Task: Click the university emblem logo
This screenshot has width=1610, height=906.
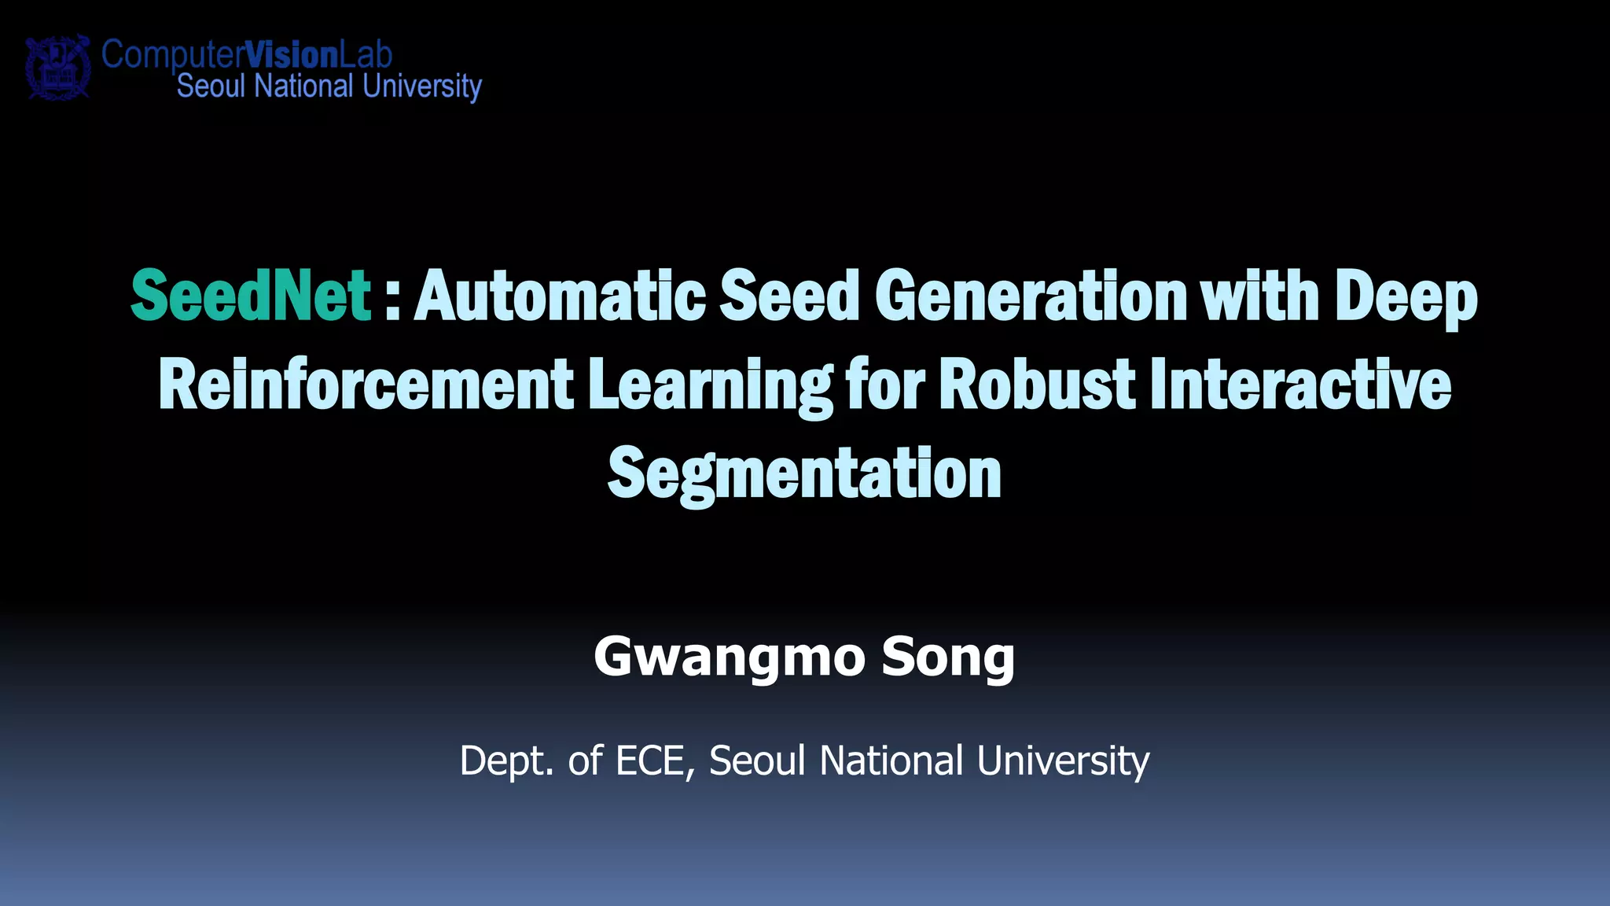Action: (57, 67)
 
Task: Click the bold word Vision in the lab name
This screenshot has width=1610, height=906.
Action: (292, 54)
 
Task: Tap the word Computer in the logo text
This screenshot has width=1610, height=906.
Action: (173, 55)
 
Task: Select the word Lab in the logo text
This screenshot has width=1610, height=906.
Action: (366, 54)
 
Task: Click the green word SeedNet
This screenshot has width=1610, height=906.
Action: (250, 296)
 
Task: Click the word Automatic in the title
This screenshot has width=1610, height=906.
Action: (560, 296)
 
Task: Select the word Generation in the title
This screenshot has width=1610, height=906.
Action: (1030, 296)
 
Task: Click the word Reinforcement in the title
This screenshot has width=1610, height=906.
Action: (366, 385)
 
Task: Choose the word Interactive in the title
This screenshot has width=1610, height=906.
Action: (1300, 385)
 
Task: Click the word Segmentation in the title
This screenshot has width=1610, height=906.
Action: (804, 473)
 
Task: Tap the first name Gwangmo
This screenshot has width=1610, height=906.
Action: (729, 657)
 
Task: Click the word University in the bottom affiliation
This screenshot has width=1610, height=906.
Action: (1063, 761)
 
